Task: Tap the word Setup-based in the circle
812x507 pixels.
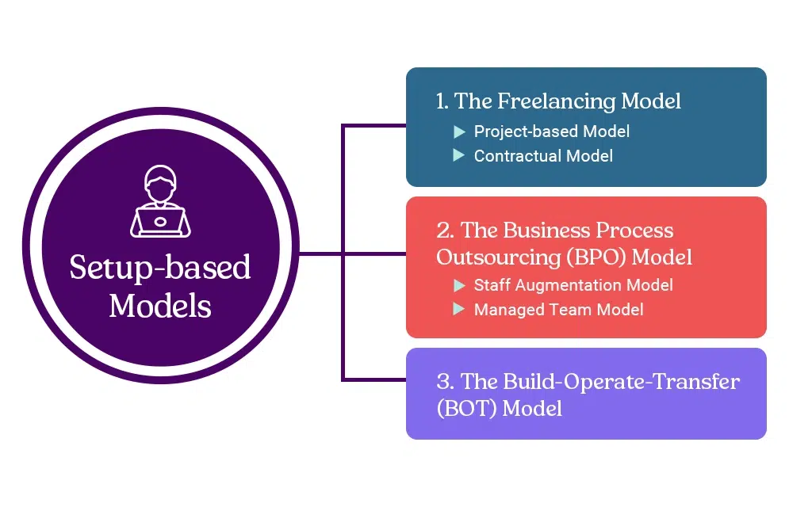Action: point(159,267)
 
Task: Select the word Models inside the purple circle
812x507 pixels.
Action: point(159,306)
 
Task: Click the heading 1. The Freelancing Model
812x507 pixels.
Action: point(558,101)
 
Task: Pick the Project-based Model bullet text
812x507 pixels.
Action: point(551,132)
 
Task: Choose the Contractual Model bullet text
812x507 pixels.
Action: point(543,156)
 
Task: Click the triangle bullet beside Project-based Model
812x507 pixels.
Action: point(459,132)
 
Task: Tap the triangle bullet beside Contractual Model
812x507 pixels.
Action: point(459,156)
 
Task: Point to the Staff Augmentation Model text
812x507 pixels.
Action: point(573,285)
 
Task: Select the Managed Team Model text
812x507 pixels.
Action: point(558,310)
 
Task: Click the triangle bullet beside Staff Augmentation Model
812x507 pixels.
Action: point(459,285)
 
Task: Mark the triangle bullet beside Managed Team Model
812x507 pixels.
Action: point(459,310)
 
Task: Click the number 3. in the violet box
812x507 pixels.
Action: point(446,382)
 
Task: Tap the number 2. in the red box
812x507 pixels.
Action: point(446,231)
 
